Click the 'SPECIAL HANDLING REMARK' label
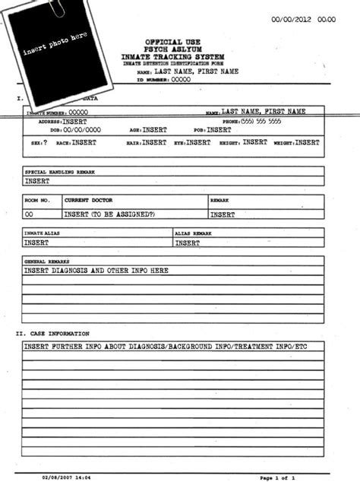point(60,172)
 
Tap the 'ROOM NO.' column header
point(37,200)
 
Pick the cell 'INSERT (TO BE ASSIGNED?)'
point(109,214)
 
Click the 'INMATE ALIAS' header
point(44,233)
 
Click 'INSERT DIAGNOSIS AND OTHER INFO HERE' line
point(96,271)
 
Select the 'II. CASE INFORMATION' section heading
point(53,334)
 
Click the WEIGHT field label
point(284,142)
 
